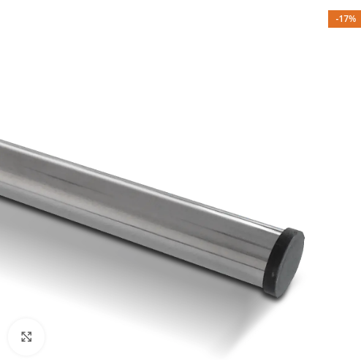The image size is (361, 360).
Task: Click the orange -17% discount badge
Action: [x=344, y=19]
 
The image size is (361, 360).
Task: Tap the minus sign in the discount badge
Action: [x=338, y=19]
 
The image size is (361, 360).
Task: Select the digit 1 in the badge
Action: [x=341, y=19]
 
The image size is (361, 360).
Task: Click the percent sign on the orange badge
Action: [x=352, y=19]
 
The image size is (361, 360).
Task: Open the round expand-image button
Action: [x=26, y=337]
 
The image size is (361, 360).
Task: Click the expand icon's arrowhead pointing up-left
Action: [x=23, y=333]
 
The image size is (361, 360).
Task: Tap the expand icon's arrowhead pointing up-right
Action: [x=30, y=333]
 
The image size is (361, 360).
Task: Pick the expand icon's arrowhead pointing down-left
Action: [x=23, y=340]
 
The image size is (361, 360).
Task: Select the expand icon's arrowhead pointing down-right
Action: [x=30, y=340]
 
